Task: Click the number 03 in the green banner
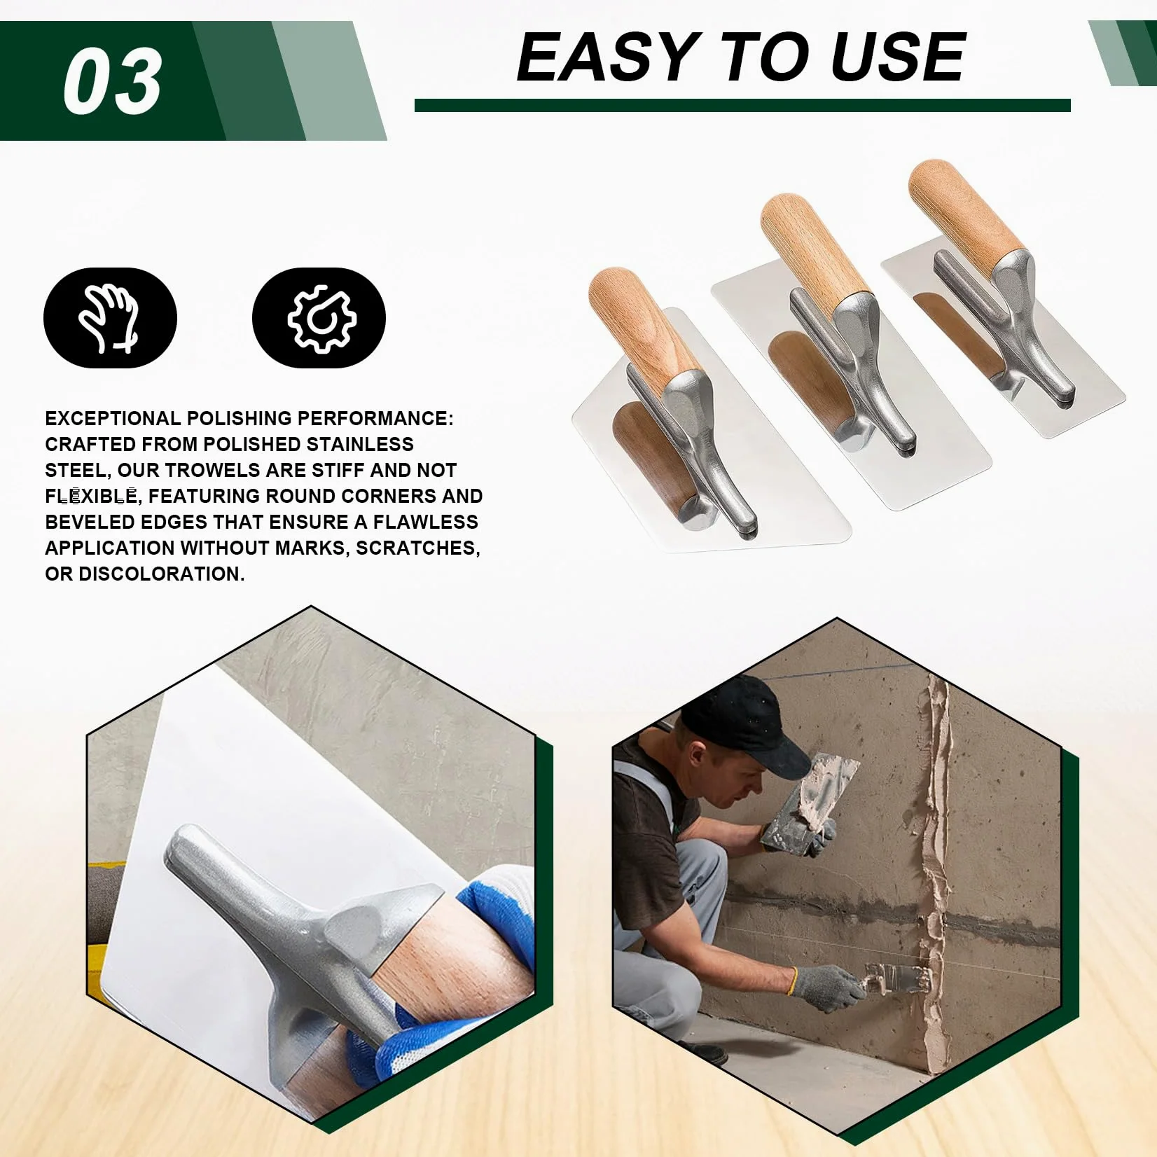tap(113, 82)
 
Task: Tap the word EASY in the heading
tap(605, 57)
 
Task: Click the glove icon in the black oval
tap(110, 318)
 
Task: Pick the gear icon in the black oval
tap(321, 318)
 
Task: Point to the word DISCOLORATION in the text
tap(161, 574)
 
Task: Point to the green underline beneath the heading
tap(742, 106)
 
